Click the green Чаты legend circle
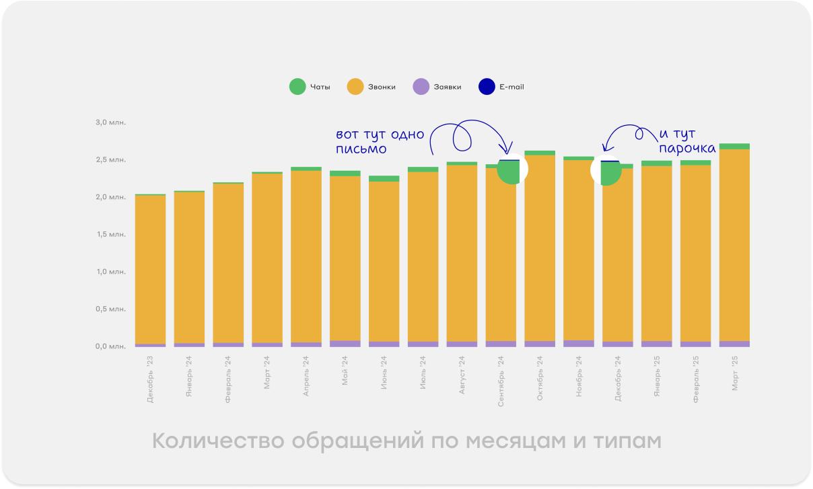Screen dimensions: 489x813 (x=297, y=87)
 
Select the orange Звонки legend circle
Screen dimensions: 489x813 (x=355, y=87)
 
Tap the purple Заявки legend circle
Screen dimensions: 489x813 (x=421, y=87)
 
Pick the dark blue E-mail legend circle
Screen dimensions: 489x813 (x=486, y=87)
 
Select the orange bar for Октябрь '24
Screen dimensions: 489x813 (x=540, y=249)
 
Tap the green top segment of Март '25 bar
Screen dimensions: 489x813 (x=734, y=146)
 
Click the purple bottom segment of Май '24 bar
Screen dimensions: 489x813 (x=345, y=344)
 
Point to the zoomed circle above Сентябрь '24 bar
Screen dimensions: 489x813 (x=512, y=170)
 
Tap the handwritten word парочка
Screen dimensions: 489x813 (x=686, y=148)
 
